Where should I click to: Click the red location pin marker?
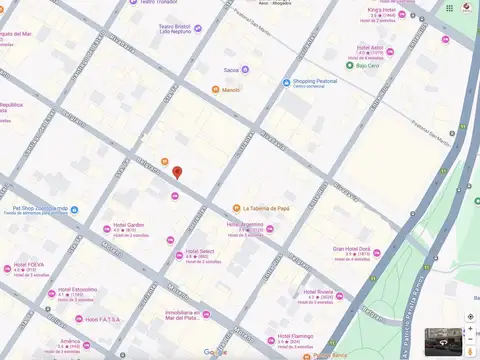[177, 172]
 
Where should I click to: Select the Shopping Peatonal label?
[317, 82]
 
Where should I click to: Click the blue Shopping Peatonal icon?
[286, 82]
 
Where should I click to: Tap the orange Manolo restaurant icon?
[215, 90]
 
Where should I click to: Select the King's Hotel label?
[382, 10]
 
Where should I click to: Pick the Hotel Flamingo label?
[295, 337]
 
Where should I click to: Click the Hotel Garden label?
[129, 225]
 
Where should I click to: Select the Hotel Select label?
[200, 252]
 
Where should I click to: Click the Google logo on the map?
[215, 352]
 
